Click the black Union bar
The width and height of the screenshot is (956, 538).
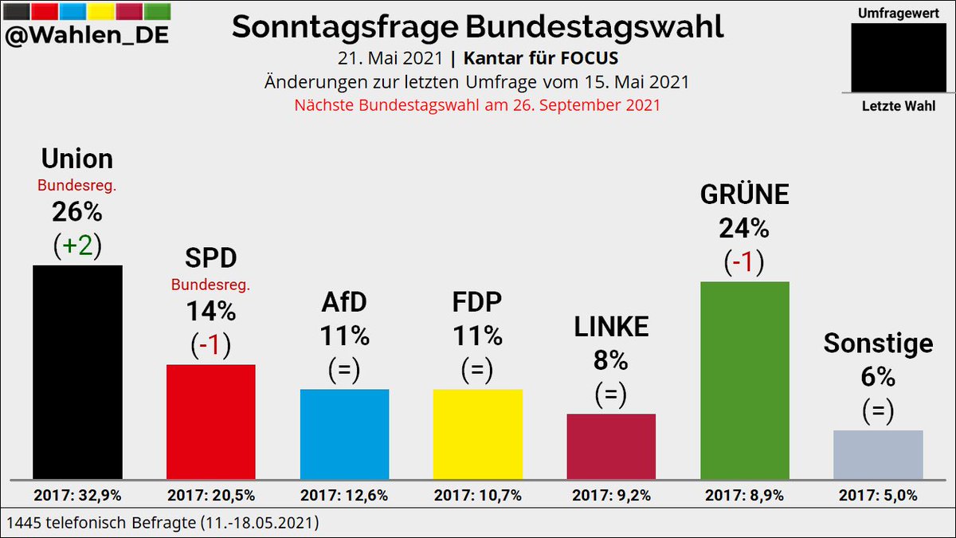click(x=77, y=372)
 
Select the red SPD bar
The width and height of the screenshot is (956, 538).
click(x=210, y=422)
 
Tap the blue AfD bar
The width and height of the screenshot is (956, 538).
click(x=344, y=434)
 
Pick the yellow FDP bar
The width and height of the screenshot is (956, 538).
click(x=477, y=434)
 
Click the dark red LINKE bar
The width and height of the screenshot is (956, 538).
click(x=611, y=446)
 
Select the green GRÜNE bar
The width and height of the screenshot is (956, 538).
click(x=744, y=380)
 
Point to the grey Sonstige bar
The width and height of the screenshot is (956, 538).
click(x=878, y=454)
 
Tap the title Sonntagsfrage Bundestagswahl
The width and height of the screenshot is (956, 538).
click(x=478, y=27)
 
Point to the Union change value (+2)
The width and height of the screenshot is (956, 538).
click(x=77, y=246)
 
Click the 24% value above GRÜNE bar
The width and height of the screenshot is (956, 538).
click(x=744, y=229)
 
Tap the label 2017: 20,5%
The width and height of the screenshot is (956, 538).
click(x=210, y=496)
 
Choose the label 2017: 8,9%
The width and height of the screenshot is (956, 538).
click(x=744, y=496)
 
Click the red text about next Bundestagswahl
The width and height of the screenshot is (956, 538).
click(x=477, y=105)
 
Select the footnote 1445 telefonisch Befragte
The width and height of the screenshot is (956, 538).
click(x=163, y=523)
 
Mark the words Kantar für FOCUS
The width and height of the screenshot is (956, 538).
click(x=541, y=59)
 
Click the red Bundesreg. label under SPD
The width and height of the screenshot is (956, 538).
click(x=210, y=285)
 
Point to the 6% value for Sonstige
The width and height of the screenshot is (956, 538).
click(x=878, y=377)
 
